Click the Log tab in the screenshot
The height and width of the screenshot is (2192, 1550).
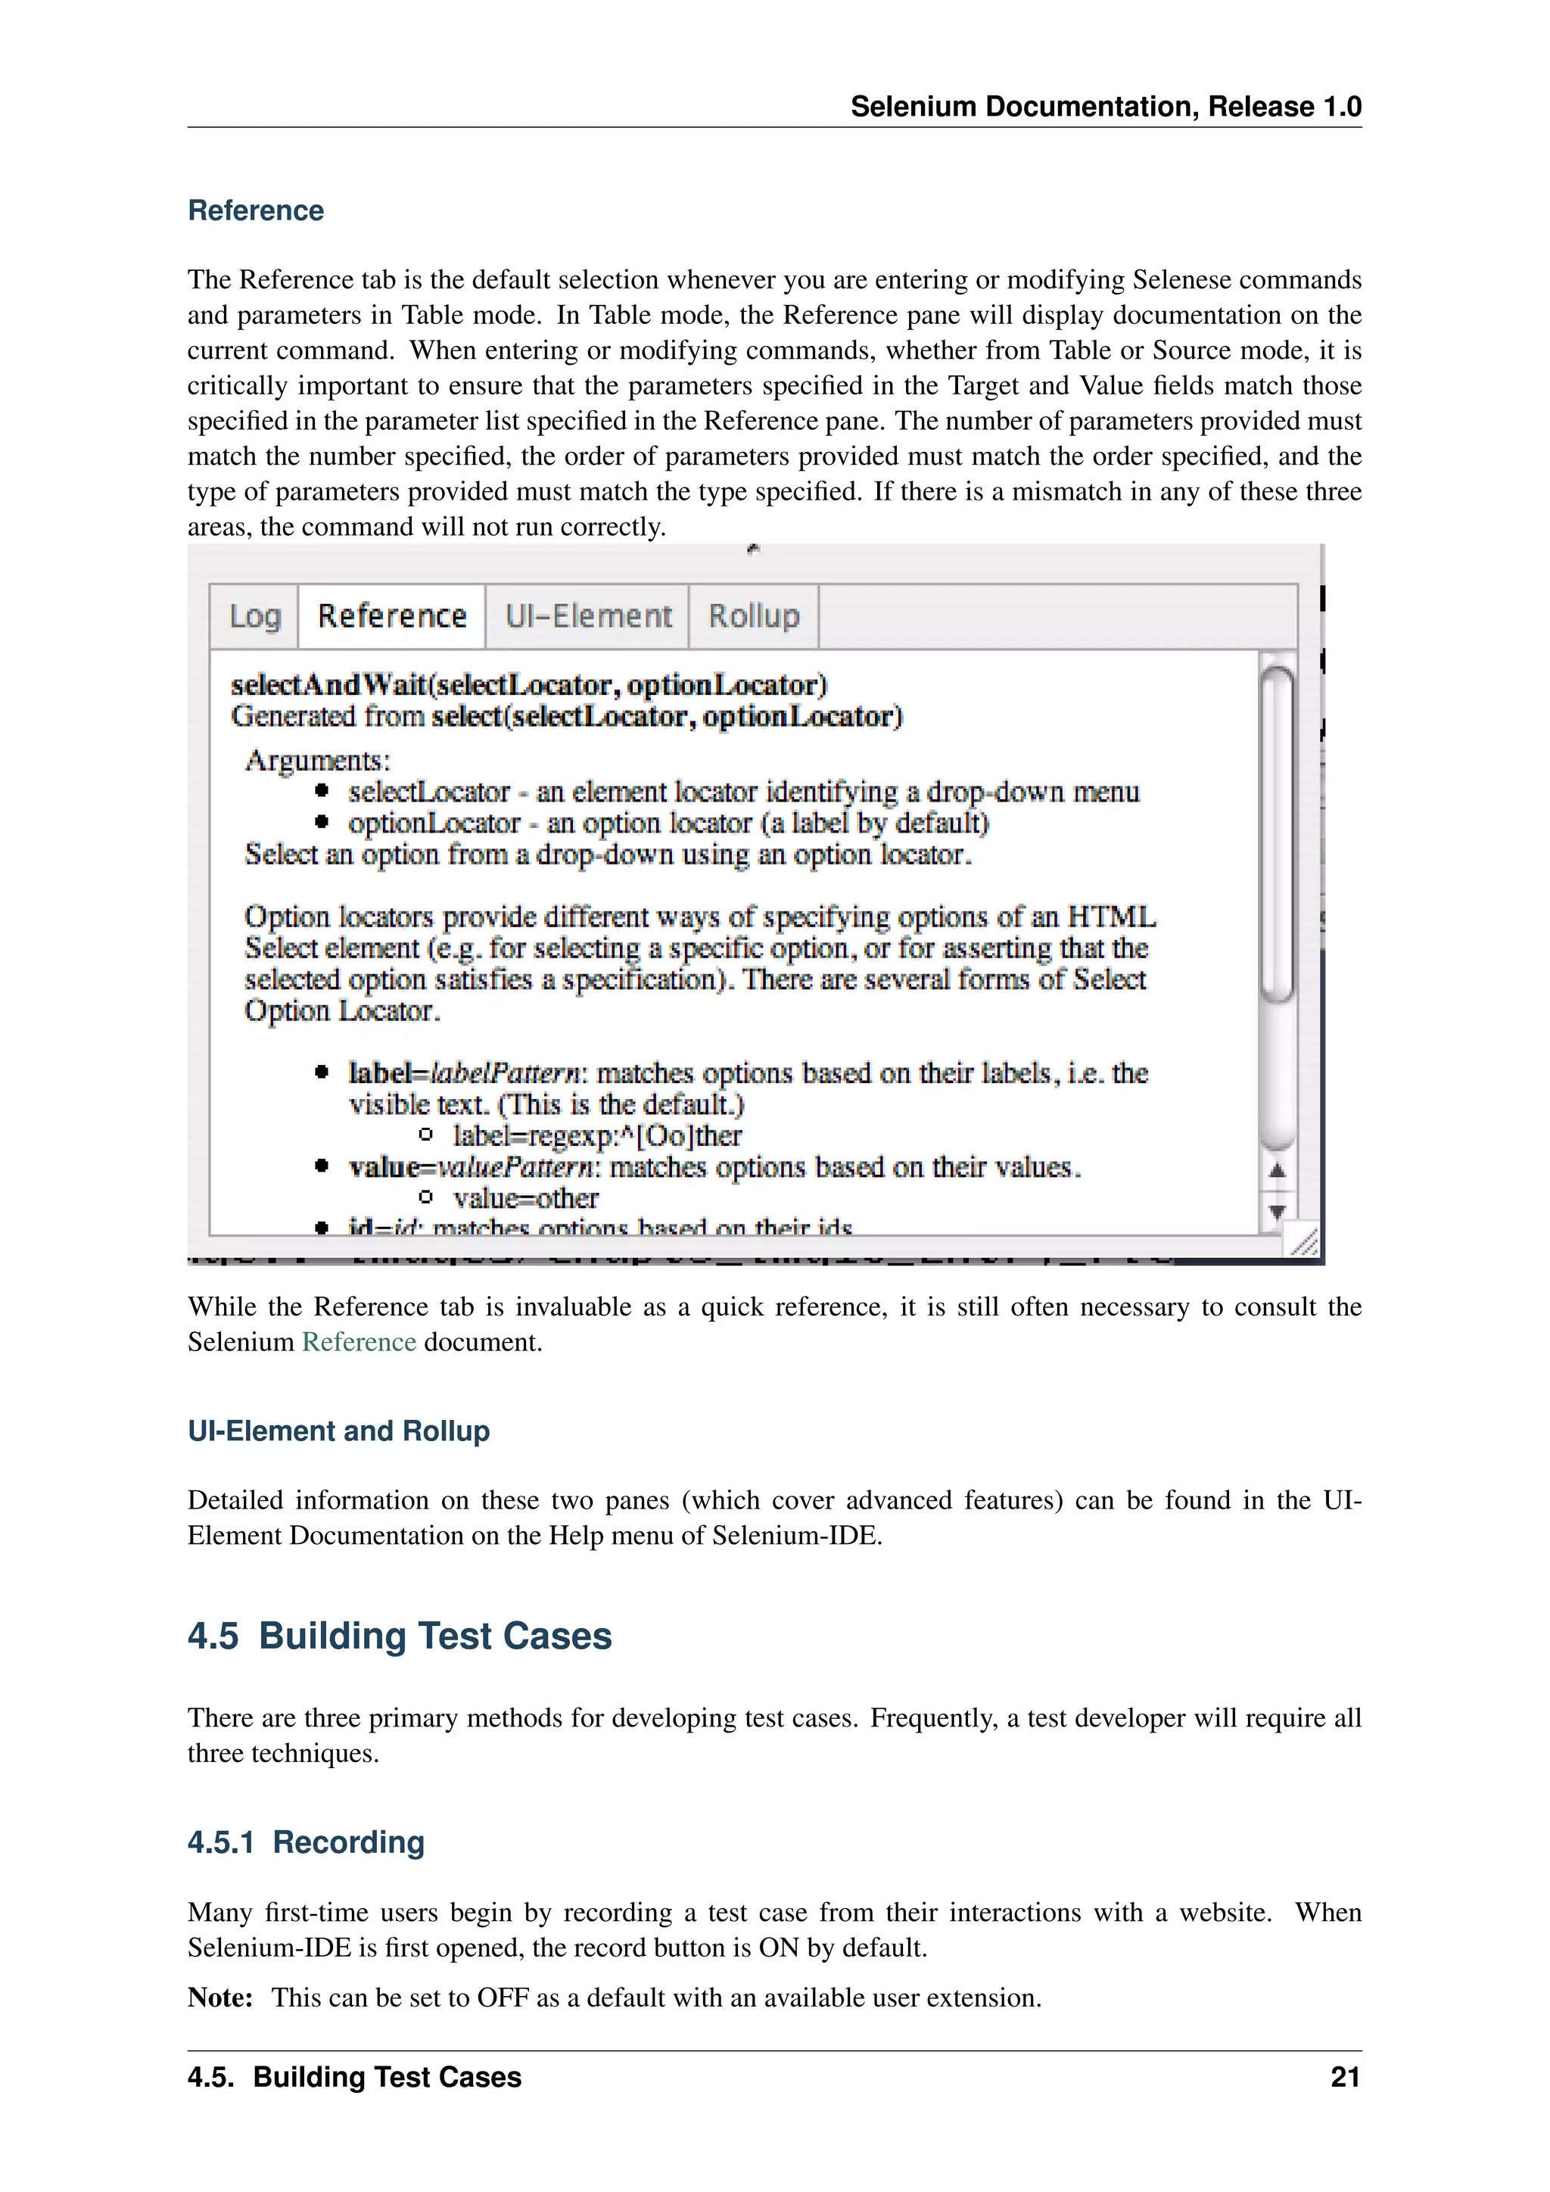click(x=255, y=617)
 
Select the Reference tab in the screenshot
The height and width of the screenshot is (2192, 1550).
click(x=392, y=617)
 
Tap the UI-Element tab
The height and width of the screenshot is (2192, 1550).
click(x=588, y=617)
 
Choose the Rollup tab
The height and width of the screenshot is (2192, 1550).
click(x=754, y=617)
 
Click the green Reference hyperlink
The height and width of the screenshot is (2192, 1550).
click(x=359, y=1342)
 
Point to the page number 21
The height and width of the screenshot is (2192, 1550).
click(x=1345, y=2078)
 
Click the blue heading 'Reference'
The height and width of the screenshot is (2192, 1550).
click(x=256, y=211)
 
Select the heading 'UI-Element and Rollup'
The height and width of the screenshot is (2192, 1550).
click(x=339, y=1431)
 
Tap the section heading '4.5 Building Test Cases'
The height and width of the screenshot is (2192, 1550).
click(x=400, y=1636)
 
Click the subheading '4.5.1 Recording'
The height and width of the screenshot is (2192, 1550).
click(x=306, y=1842)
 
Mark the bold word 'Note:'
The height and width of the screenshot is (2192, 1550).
click(x=220, y=1998)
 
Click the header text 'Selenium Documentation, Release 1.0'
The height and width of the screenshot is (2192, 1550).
click(x=1105, y=107)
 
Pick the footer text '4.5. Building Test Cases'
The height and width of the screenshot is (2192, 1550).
click(x=354, y=2078)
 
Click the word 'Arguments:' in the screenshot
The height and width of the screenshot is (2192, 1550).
click(x=318, y=761)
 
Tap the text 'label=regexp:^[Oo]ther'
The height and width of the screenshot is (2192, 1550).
click(x=596, y=1136)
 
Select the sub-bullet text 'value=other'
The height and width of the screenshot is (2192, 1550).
click(x=526, y=1198)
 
